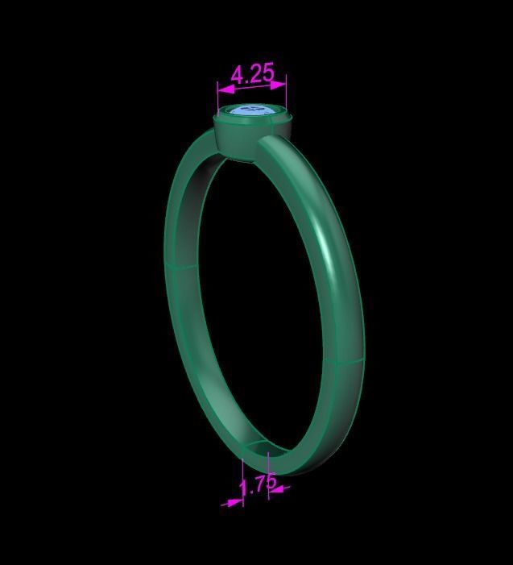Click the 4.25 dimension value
tap(252, 74)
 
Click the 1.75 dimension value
tap(258, 485)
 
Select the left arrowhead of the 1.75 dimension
tap(234, 502)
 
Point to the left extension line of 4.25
tap(218, 94)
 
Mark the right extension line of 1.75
tap(268, 472)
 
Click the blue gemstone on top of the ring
tap(251, 111)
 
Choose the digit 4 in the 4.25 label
tap(238, 76)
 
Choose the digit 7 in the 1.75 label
tap(259, 485)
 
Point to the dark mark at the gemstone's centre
tap(252, 109)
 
